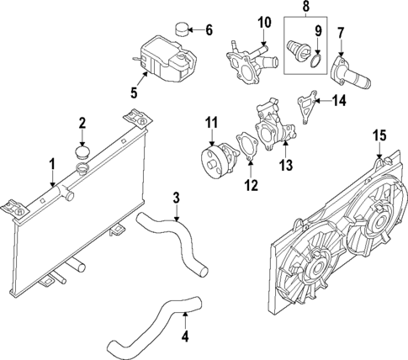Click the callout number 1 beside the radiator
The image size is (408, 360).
pyautogui.click(x=52, y=161)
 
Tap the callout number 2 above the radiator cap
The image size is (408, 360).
pyautogui.click(x=82, y=124)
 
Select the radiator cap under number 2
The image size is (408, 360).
pyautogui.click(x=82, y=154)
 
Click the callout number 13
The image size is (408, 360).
pyautogui.click(x=286, y=167)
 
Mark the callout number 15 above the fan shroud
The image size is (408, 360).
pyautogui.click(x=379, y=135)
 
